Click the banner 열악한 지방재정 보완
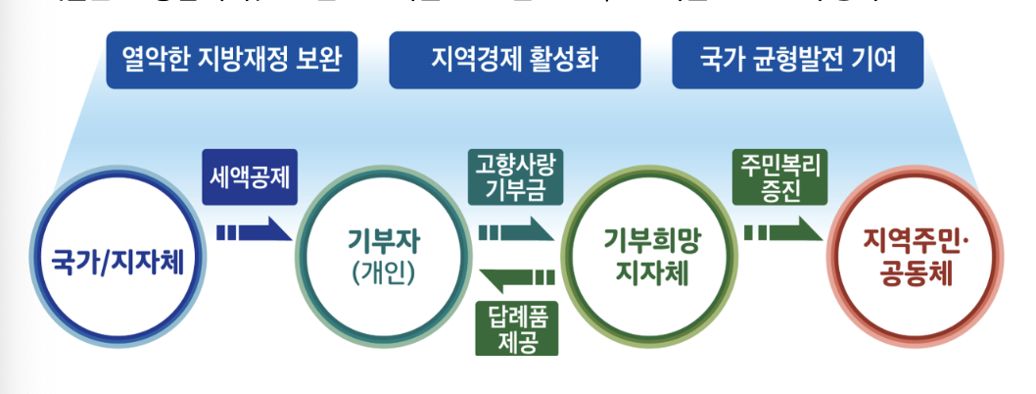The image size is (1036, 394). tap(231, 60)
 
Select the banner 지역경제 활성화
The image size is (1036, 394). tap(514, 60)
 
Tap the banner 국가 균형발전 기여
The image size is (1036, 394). tap(798, 60)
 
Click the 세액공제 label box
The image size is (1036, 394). tap(250, 177)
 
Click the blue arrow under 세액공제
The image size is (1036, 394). tap(254, 232)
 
